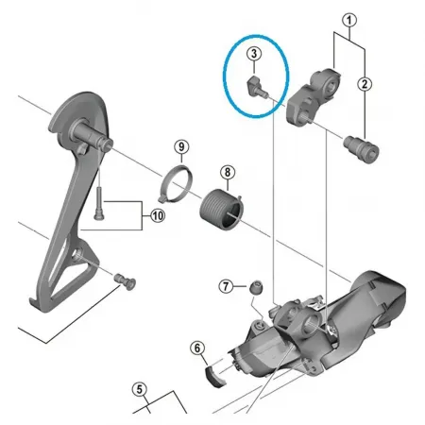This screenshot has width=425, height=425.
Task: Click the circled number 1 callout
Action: (x=349, y=19)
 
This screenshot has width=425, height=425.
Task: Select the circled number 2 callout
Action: (x=365, y=84)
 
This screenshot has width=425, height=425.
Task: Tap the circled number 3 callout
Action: (x=253, y=55)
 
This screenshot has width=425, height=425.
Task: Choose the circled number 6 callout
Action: (x=197, y=349)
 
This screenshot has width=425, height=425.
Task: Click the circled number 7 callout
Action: (x=225, y=285)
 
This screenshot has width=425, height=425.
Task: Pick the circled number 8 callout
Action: (x=227, y=172)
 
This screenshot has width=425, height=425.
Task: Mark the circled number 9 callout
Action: (x=181, y=146)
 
